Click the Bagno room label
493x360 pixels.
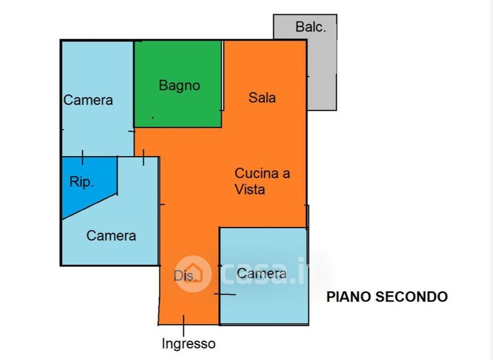click(x=179, y=86)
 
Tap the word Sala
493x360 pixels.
click(x=262, y=97)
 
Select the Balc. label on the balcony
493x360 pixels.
click(x=311, y=27)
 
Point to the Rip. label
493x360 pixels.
click(x=81, y=182)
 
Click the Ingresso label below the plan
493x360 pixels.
click(x=189, y=343)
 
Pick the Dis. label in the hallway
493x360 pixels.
click(x=185, y=276)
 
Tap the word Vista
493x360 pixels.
click(x=250, y=189)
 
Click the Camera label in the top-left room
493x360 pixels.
click(x=88, y=100)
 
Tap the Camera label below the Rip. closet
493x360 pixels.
click(x=111, y=235)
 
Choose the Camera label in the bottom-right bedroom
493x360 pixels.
click(x=261, y=273)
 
